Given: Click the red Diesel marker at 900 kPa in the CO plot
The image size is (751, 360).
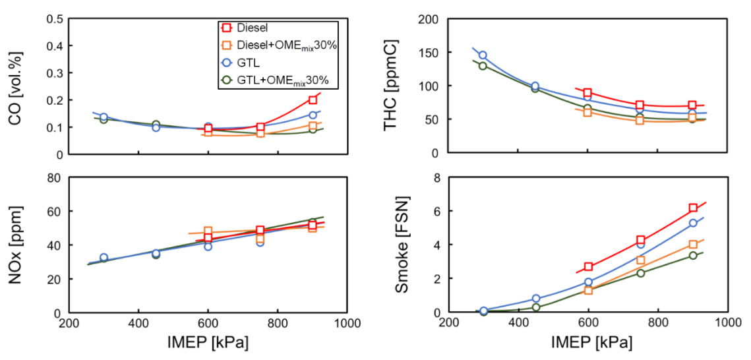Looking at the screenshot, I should pos(313,100).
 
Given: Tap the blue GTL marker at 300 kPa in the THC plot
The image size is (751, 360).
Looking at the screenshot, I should pos(483,55).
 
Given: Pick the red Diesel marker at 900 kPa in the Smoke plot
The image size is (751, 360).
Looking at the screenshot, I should pos(693,208).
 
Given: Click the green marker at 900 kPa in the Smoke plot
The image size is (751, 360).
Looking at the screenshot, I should pos(693,255).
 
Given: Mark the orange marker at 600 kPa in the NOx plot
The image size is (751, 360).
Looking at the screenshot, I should pos(208,231).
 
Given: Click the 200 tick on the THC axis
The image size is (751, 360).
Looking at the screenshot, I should pos(431,18).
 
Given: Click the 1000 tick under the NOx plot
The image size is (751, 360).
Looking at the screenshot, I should pos(346,324).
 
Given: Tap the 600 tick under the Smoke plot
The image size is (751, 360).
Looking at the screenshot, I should pos(588,324).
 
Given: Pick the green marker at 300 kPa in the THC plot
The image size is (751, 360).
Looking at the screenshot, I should pos(483,65).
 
